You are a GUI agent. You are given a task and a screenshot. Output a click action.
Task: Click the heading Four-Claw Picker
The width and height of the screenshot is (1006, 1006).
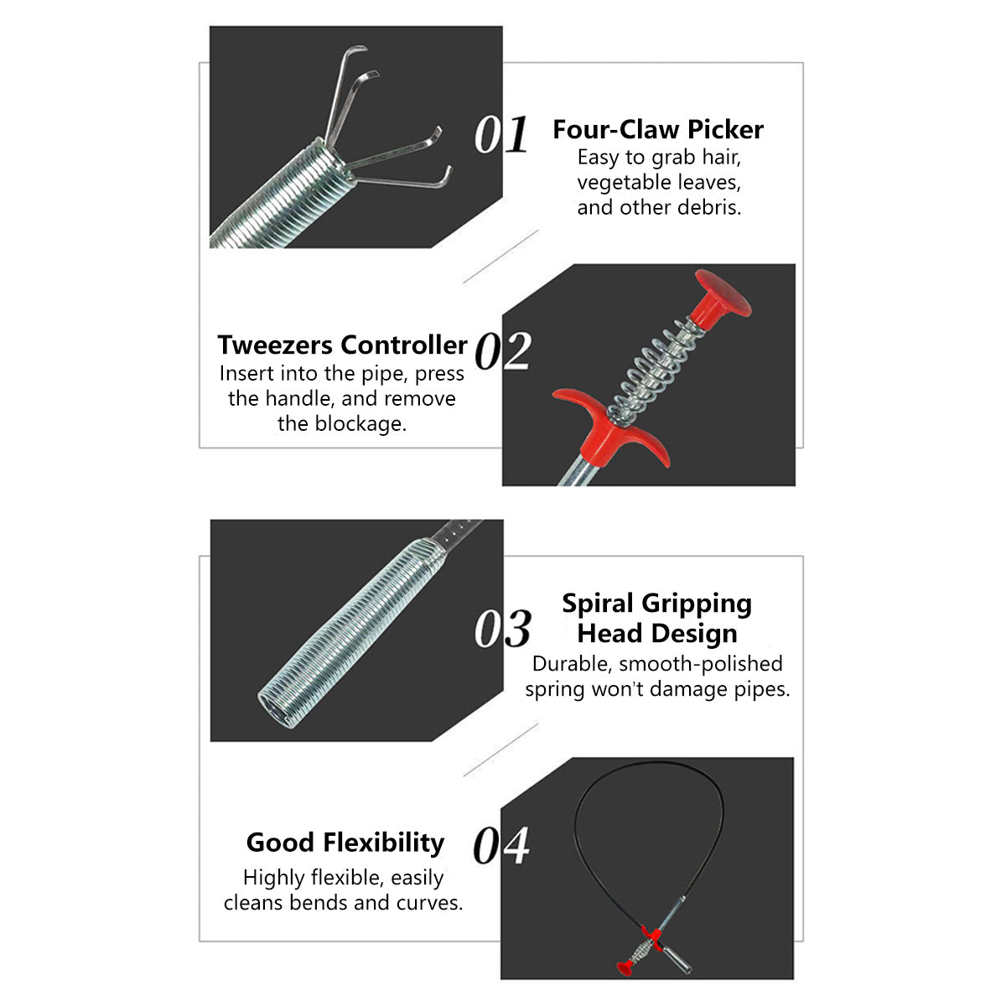tap(658, 129)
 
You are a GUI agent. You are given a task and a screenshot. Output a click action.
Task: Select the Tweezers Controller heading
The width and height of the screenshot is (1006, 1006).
tap(342, 345)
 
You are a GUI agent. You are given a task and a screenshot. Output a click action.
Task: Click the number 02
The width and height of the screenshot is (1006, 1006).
tap(503, 350)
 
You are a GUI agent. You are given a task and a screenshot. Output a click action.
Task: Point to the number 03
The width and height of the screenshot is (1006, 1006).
tap(503, 628)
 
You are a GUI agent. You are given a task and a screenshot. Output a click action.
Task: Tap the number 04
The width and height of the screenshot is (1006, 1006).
tap(501, 845)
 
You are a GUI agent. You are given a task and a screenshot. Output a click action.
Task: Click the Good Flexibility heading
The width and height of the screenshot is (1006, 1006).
tap(345, 843)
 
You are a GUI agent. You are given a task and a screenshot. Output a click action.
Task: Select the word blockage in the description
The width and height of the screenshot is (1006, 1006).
tap(360, 423)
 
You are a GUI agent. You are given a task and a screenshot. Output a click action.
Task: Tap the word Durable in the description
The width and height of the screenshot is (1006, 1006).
tap(573, 663)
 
